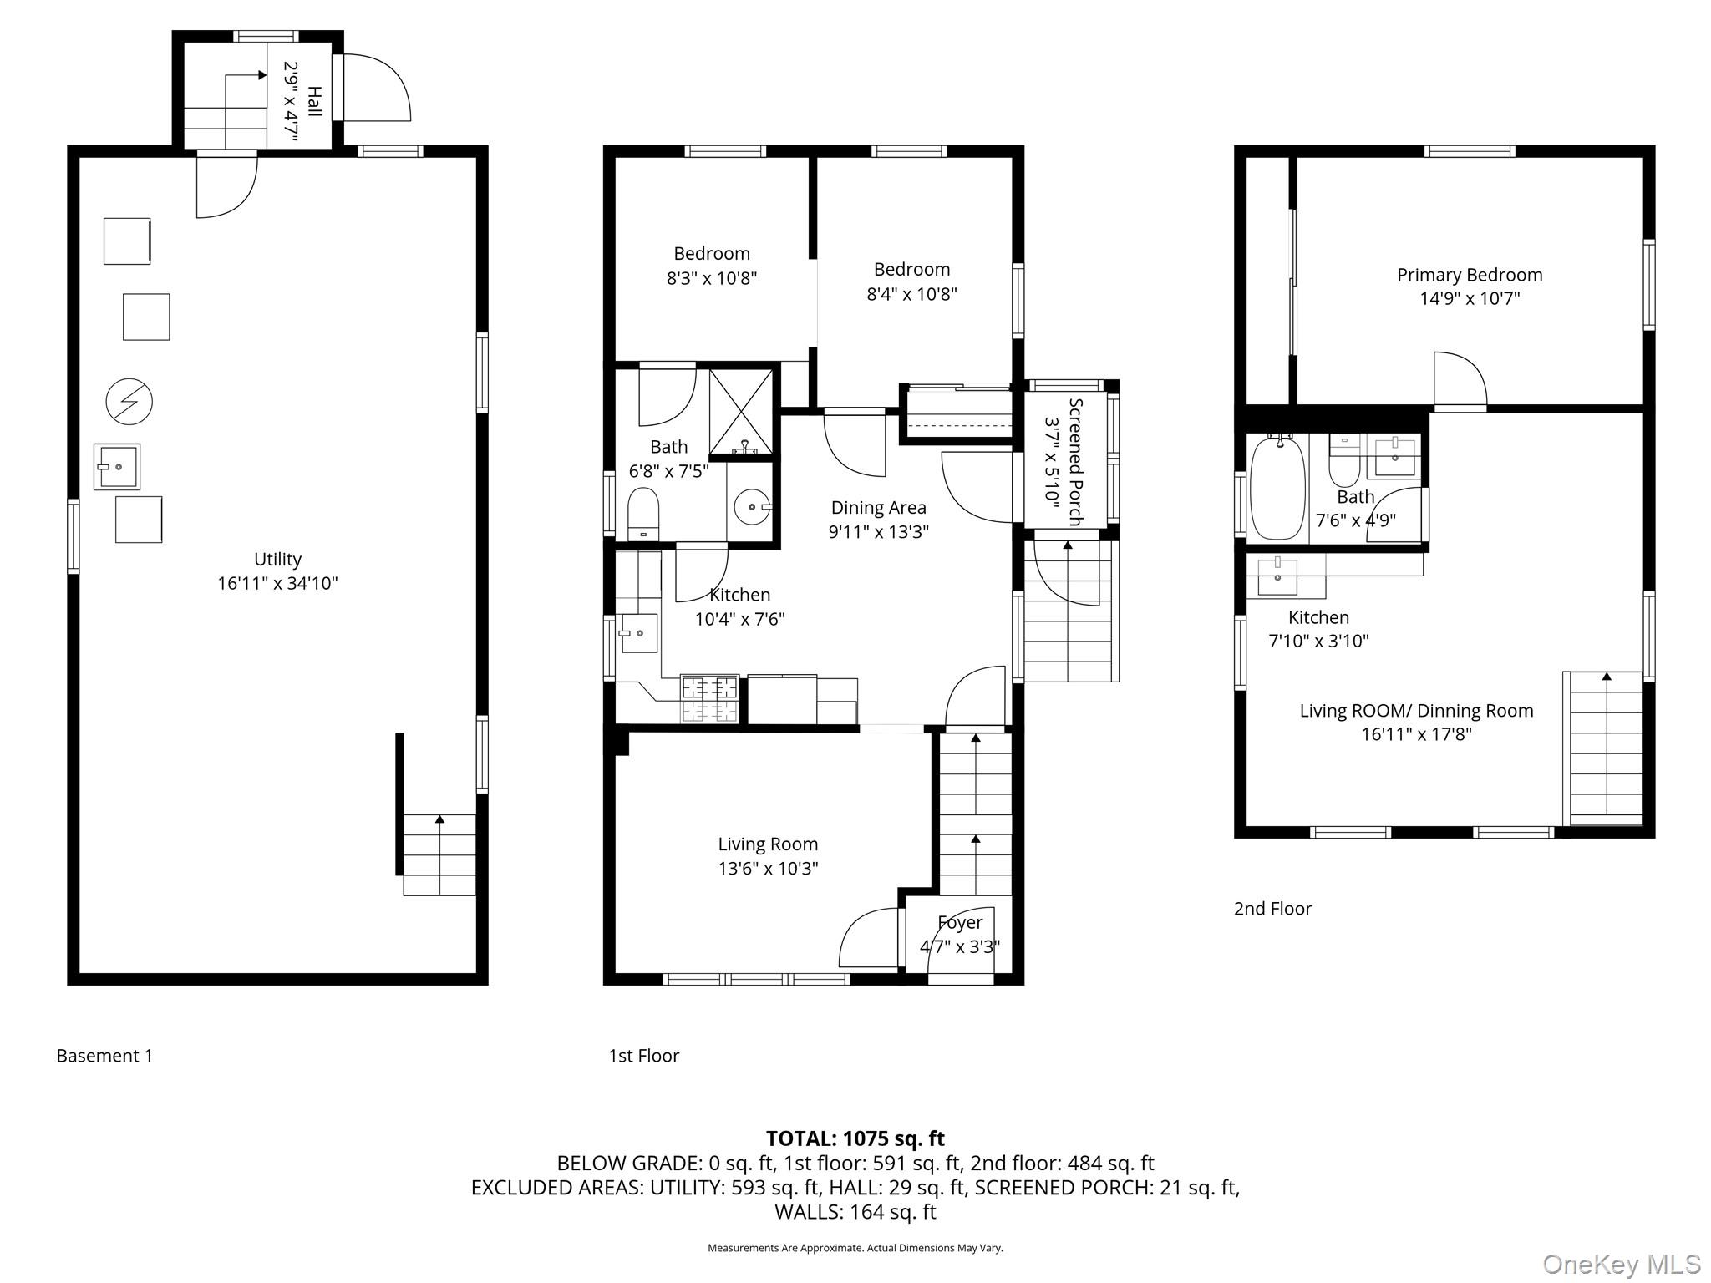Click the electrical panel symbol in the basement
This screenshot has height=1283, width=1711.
click(x=129, y=403)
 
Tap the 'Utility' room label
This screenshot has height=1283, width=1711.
click(x=277, y=560)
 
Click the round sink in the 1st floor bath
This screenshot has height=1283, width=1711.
click(x=753, y=506)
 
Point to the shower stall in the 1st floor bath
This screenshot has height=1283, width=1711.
click(x=741, y=413)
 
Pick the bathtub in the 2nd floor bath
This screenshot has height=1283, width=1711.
click(x=1277, y=490)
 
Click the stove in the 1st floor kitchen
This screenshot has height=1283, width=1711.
click(x=710, y=699)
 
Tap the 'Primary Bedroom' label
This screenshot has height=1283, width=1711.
click(x=1470, y=275)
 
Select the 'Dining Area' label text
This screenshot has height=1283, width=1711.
click(x=878, y=507)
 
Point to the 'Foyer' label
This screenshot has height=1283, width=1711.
click(x=960, y=923)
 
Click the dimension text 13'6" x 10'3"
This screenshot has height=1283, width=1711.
click(x=768, y=868)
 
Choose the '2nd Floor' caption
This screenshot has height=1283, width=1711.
click(x=1272, y=909)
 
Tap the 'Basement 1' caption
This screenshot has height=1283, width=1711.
click(x=104, y=1056)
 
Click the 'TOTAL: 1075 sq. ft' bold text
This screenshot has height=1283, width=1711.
click(x=855, y=1138)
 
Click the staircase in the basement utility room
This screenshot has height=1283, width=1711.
click(x=439, y=854)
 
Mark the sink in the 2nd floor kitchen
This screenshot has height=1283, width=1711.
click(x=1277, y=576)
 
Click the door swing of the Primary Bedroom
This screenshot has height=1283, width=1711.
click(x=1460, y=381)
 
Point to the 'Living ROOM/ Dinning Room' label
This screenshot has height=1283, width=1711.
click(x=1416, y=711)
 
